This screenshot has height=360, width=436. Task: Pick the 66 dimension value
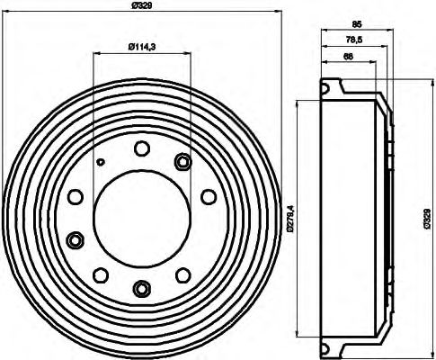pos(347,57)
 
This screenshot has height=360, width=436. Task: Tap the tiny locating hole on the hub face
pos(102,162)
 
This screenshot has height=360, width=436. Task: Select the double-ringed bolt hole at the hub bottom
pos(141,288)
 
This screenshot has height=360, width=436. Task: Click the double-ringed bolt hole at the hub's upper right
pos(183,162)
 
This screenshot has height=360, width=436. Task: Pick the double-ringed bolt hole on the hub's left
pos(75,239)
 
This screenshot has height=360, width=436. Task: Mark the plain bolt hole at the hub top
pos(141,149)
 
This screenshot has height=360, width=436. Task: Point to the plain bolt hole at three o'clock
pos(208,196)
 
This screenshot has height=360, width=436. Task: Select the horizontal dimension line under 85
pos(356,34)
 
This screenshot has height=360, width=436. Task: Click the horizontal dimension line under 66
pos(347,63)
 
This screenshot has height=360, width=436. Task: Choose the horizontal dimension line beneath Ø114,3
pos(141,54)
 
